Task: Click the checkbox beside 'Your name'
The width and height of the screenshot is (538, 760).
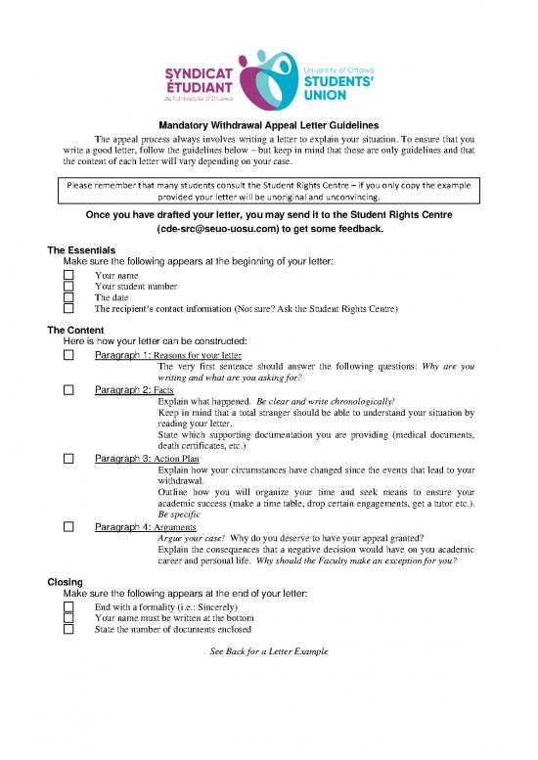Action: tap(68, 276)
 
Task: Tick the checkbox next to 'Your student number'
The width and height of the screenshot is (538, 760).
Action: tap(68, 287)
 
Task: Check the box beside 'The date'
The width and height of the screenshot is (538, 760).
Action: tap(68, 297)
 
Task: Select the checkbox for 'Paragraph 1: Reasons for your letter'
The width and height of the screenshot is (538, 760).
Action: tap(68, 355)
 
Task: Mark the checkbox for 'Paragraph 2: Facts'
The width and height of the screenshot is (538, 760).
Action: tap(68, 389)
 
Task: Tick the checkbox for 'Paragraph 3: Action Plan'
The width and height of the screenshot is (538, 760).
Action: tap(68, 457)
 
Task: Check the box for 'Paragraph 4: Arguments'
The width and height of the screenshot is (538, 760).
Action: tap(68, 526)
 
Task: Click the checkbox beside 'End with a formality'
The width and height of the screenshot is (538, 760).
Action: tap(68, 607)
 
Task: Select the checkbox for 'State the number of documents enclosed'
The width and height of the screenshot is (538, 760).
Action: tap(68, 629)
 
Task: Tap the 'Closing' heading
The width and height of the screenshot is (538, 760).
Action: tap(66, 582)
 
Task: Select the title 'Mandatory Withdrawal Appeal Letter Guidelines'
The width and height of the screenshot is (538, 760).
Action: tap(268, 125)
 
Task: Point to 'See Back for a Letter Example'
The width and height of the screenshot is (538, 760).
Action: tap(269, 650)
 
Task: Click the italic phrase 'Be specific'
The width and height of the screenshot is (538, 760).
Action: tap(180, 514)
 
